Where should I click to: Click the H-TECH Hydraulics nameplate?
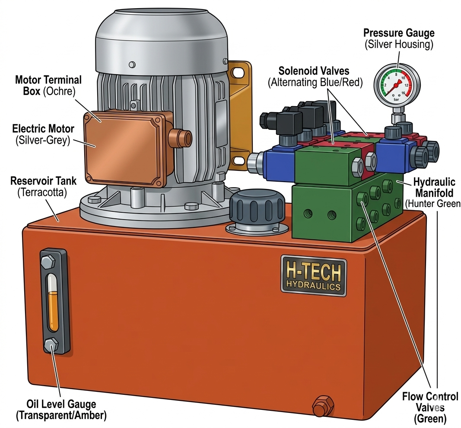(314, 276)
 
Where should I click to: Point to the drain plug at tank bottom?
(323, 406)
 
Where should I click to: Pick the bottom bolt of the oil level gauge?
(51, 345)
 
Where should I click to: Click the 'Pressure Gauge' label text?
(399, 33)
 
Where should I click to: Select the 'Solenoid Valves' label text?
(314, 71)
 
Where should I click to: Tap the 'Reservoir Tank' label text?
(43, 181)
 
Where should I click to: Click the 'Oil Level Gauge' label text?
(61, 404)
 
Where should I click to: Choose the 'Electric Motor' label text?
(43, 129)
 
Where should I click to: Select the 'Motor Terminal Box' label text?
(48, 85)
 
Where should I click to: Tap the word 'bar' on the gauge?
(396, 99)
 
